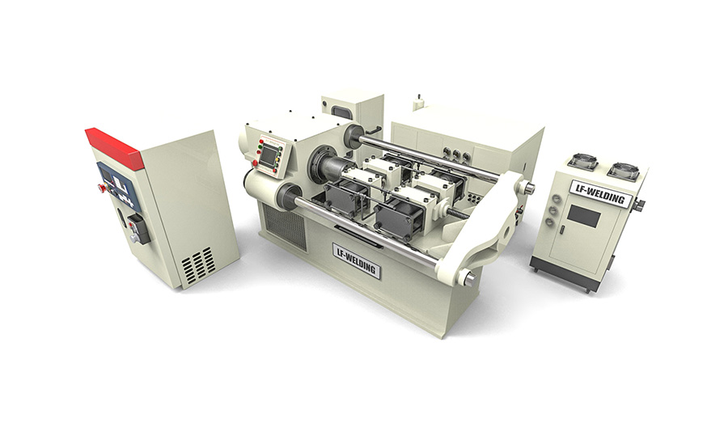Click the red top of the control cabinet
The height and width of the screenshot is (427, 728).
coord(113,147)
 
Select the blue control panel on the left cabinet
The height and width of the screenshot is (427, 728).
coord(118,181)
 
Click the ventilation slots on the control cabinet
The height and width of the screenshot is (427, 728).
coord(198,264)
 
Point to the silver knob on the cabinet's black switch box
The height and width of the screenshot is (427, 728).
coord(135,238)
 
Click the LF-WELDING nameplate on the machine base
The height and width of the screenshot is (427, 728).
coord(357,260)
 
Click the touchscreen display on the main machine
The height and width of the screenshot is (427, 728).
coord(269,158)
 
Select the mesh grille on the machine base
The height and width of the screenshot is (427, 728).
coord(284,226)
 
